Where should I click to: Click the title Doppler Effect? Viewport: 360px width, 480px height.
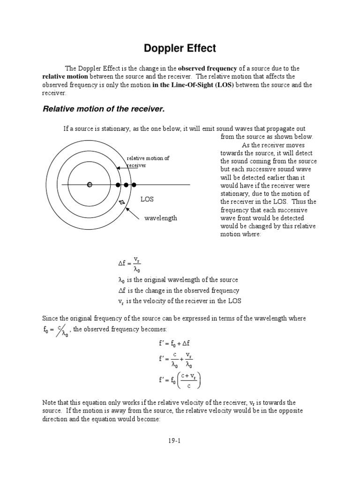tap(180, 48)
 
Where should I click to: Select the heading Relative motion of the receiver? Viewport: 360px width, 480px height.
tap(104, 109)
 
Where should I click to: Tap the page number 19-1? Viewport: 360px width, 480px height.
tap(180, 440)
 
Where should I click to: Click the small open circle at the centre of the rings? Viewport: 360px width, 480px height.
tap(90, 185)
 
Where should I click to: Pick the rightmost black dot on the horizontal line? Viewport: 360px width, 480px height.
tap(134, 185)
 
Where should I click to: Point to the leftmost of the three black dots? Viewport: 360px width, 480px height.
tap(118, 185)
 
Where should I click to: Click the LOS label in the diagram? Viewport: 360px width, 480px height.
tap(147, 200)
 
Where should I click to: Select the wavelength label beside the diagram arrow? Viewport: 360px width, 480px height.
tap(160, 218)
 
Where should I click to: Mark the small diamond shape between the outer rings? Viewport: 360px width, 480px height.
tap(122, 202)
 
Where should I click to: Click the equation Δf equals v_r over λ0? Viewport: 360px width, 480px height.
tap(130, 264)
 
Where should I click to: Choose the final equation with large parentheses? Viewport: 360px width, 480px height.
tap(180, 380)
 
